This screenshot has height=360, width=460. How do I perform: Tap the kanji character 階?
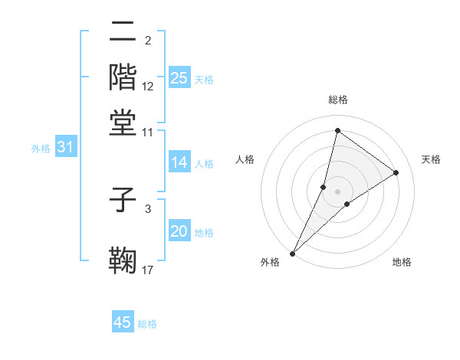pyautogui.click(x=123, y=76)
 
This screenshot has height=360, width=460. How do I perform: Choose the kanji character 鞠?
pyautogui.click(x=123, y=259)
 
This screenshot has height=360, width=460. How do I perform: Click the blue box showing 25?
pyautogui.click(x=179, y=77)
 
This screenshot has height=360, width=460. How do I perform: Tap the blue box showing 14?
pyautogui.click(x=179, y=162)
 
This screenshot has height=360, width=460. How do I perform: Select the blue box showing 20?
pyautogui.click(x=179, y=231)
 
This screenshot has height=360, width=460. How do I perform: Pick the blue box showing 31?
pyautogui.click(x=65, y=147)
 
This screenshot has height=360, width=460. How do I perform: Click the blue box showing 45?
pyautogui.click(x=123, y=322)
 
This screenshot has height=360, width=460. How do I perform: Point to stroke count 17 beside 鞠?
pyautogui.click(x=148, y=270)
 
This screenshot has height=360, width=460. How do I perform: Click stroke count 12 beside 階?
pyautogui.click(x=148, y=87)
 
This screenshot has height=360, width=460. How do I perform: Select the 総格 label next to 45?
pyautogui.click(x=148, y=324)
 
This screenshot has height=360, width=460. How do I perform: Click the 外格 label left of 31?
pyautogui.click(x=40, y=149)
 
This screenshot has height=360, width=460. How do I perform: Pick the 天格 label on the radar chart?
pyautogui.click(x=431, y=159)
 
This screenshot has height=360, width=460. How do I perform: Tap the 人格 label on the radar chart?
pyautogui.click(x=245, y=159)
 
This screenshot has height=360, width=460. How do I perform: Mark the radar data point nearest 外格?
pyautogui.click(x=293, y=253)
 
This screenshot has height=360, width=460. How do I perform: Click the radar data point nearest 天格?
pyautogui.click(x=396, y=172)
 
